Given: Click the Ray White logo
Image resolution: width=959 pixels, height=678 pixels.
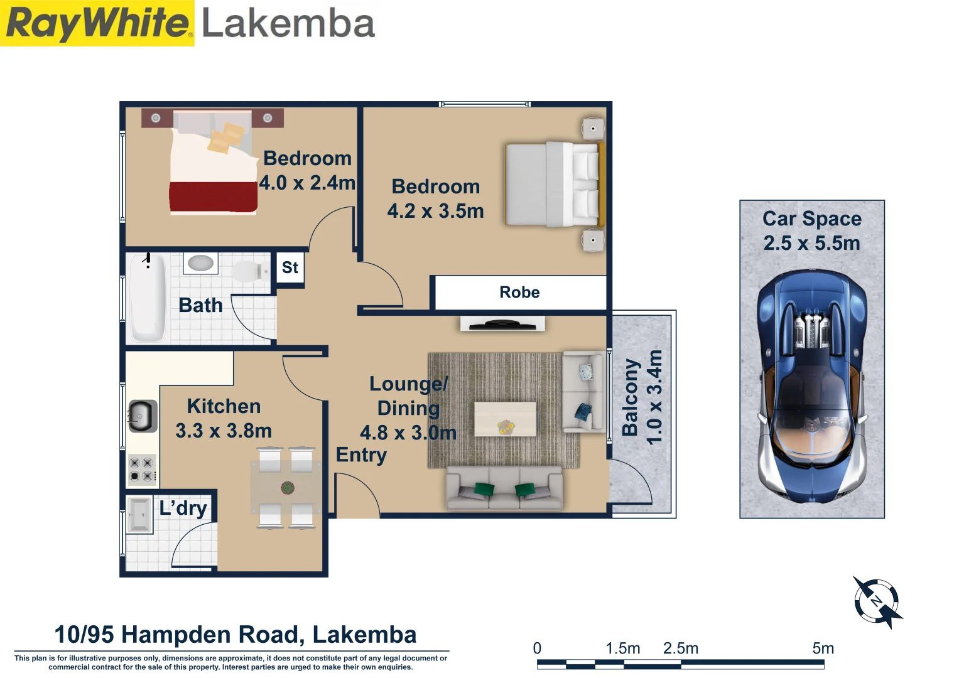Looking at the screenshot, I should [x=97, y=23].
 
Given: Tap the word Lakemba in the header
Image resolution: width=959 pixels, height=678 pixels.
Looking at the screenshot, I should [x=288, y=24].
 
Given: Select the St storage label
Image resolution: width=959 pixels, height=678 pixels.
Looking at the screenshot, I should [x=290, y=267].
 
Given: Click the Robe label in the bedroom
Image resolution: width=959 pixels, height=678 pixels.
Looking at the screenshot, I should [x=519, y=293].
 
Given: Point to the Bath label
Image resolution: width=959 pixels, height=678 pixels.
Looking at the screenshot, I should [x=200, y=306].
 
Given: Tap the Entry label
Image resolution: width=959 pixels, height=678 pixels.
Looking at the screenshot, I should [x=361, y=455].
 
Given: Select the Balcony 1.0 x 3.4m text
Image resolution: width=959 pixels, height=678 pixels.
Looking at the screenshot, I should [x=642, y=397].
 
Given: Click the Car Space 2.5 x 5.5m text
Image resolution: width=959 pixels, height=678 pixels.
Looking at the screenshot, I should [x=811, y=231].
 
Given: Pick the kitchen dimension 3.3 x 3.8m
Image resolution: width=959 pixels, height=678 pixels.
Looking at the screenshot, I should [x=224, y=431].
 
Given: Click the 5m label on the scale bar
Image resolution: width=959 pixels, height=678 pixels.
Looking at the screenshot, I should [x=823, y=648].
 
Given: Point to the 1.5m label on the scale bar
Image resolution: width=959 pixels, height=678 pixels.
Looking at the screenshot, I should [x=622, y=648].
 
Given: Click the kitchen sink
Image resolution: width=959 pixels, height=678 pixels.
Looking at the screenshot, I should [x=143, y=416].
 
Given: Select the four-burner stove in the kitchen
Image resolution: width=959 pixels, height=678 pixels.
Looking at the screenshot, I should [x=142, y=470].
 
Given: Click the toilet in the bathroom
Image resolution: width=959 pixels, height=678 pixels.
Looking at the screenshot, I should [x=247, y=272].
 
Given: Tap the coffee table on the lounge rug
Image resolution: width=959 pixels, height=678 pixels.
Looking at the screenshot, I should [x=505, y=419].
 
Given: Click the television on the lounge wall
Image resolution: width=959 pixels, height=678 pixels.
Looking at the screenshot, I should [x=502, y=325].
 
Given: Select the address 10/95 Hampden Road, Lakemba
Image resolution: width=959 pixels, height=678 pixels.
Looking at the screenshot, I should [x=236, y=635].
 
